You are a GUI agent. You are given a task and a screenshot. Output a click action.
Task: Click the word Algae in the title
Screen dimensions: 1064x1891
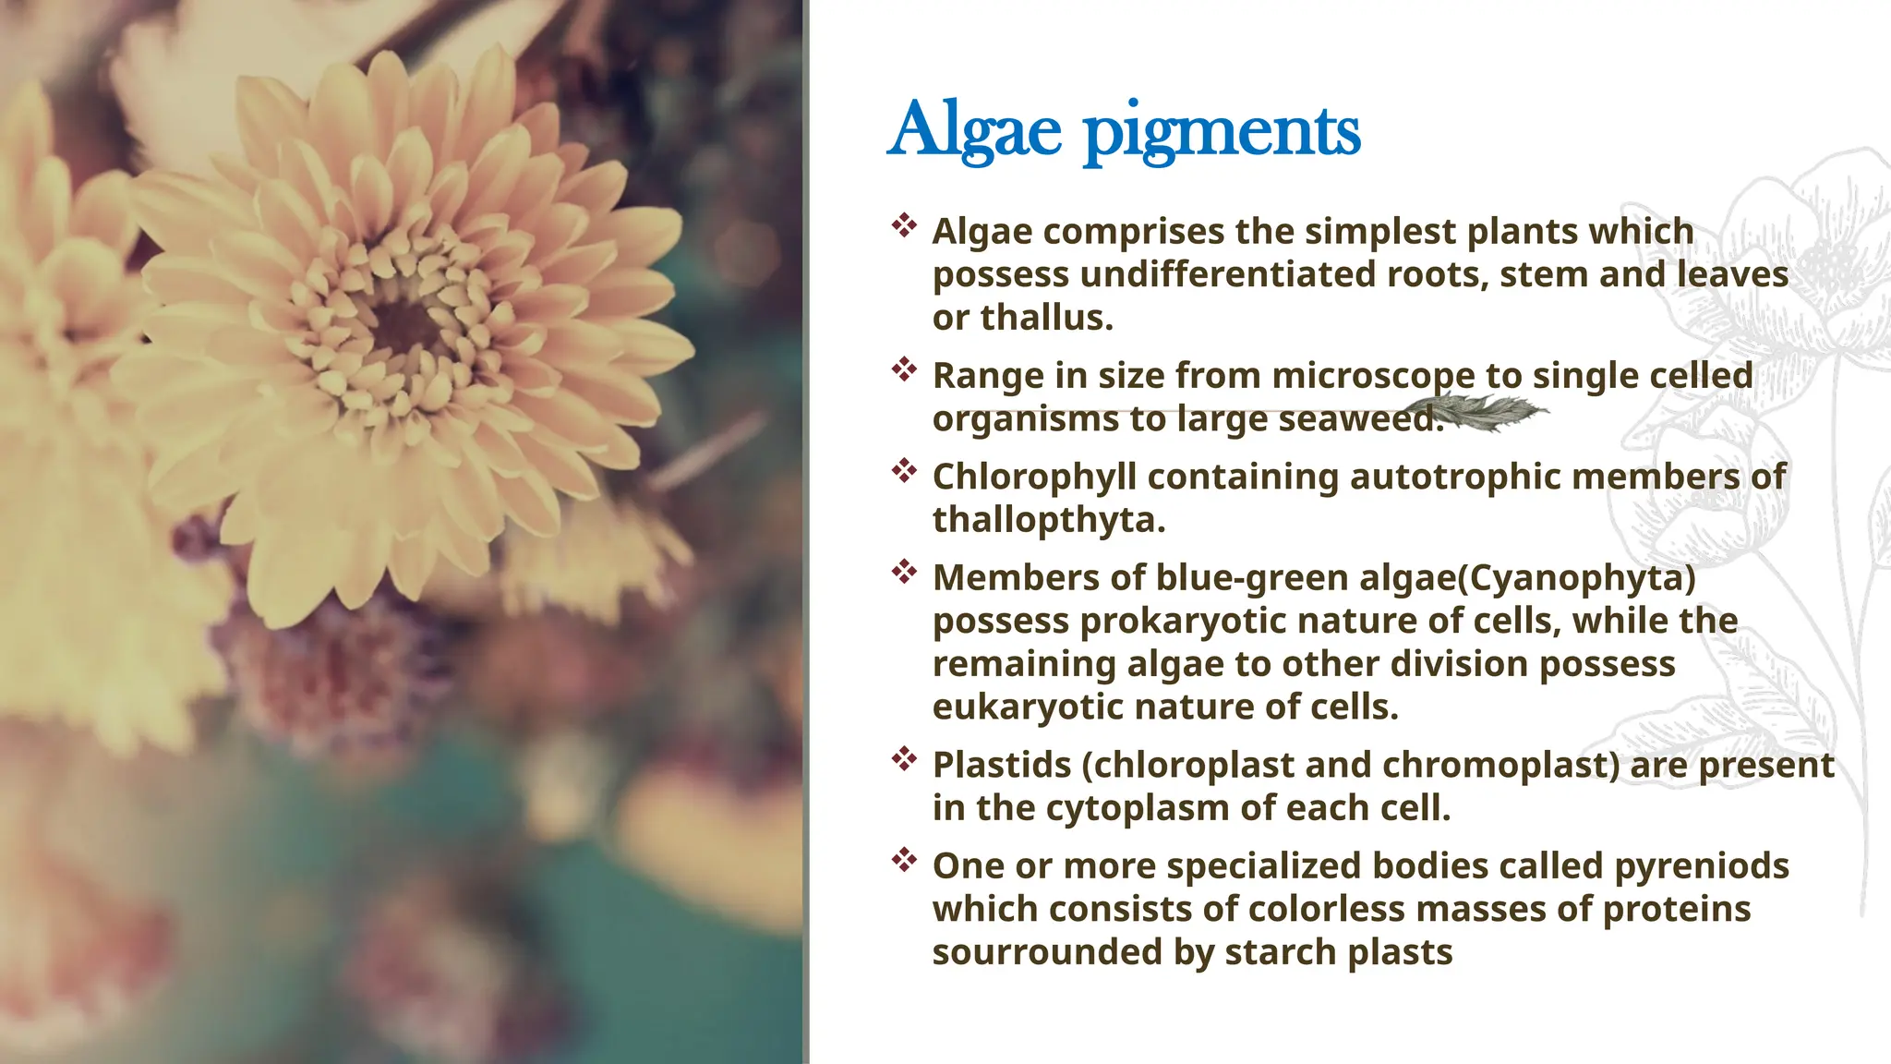coord(975,130)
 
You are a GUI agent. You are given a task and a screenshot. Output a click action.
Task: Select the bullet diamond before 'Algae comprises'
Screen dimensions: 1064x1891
coord(904,224)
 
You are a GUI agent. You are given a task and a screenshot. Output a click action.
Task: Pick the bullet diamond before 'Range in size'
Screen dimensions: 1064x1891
coord(904,369)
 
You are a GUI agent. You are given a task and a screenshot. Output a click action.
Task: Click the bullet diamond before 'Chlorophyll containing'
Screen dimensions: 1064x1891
coord(904,470)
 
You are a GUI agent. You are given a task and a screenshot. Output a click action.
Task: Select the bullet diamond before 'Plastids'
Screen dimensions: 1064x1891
coord(904,759)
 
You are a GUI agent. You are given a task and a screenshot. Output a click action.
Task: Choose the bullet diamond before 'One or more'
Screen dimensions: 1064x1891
coord(904,860)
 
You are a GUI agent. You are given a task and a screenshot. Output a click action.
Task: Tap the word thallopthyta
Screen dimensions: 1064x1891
coord(1048,521)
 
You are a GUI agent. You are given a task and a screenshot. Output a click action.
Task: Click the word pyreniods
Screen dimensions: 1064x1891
coord(1701,866)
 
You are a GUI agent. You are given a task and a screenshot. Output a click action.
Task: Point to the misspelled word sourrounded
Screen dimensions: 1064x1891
coord(1046,952)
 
